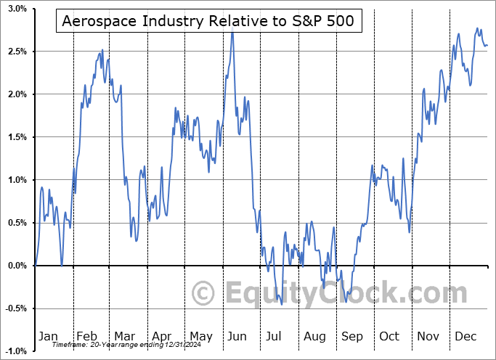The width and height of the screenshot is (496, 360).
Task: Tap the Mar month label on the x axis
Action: click(x=123, y=336)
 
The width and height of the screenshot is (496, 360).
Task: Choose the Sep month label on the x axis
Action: click(x=351, y=336)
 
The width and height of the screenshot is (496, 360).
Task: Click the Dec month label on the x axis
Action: click(x=466, y=336)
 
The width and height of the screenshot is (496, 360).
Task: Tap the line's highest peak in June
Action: click(x=232, y=32)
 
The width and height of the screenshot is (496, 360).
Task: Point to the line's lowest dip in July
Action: click(x=281, y=304)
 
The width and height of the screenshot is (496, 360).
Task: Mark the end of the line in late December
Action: click(x=487, y=46)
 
